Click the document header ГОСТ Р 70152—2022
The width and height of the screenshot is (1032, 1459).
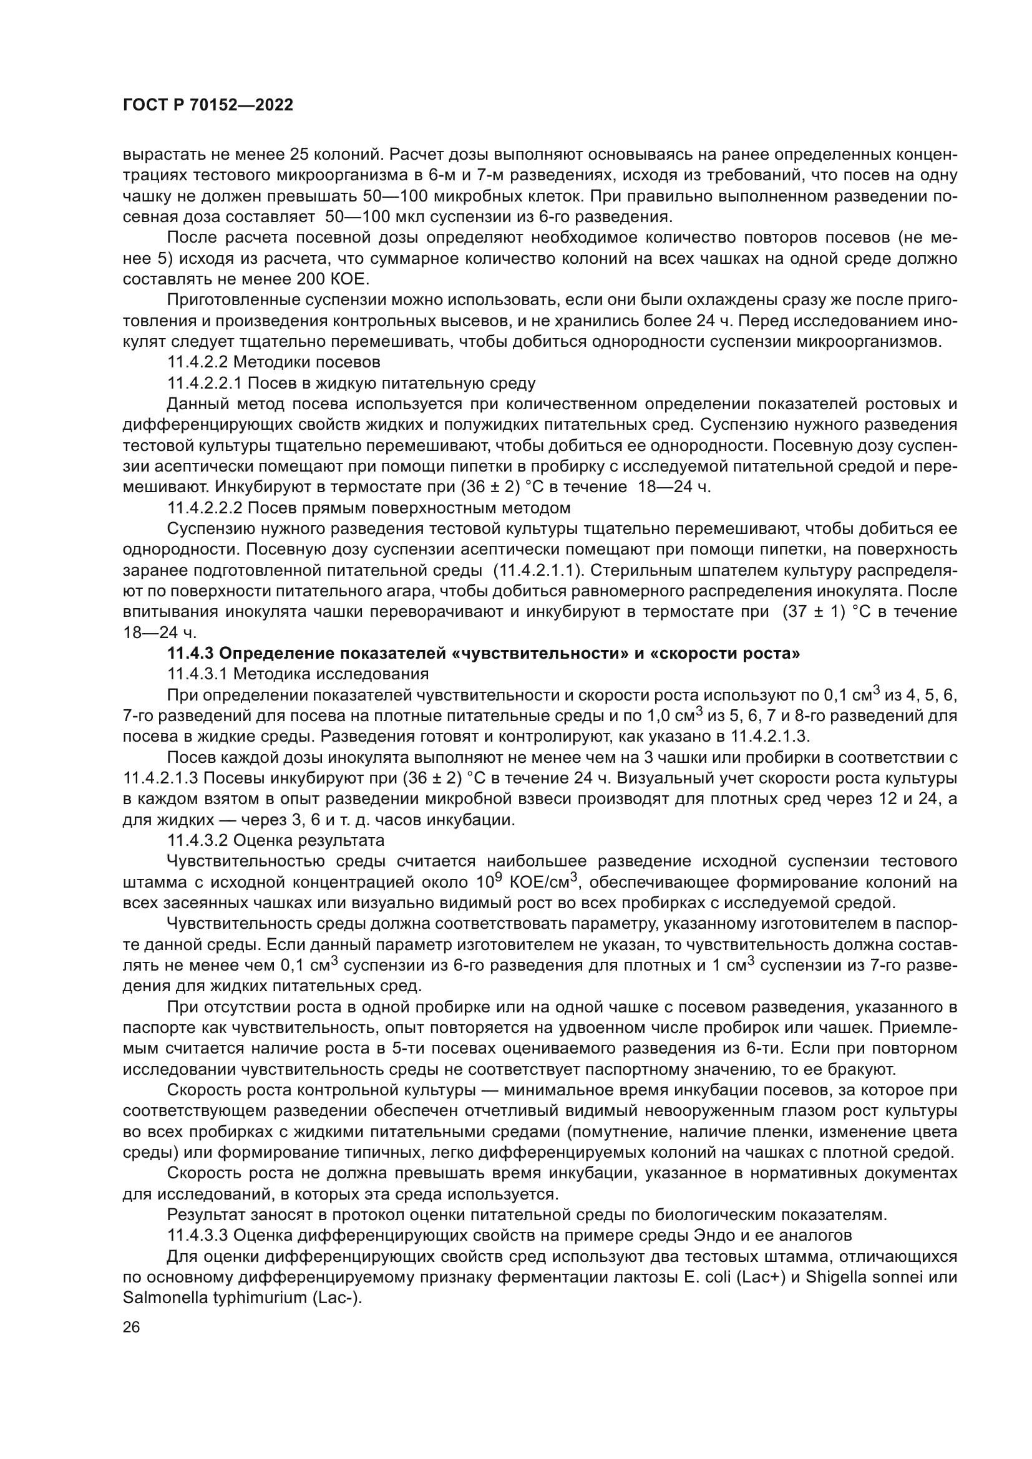pos(208,105)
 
